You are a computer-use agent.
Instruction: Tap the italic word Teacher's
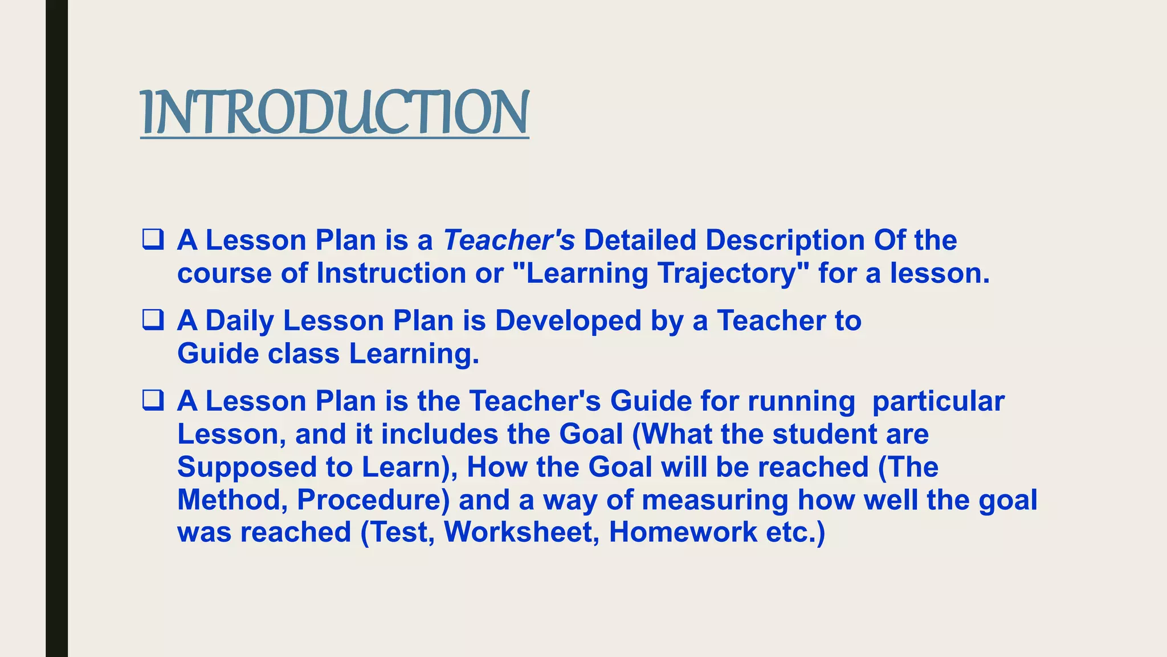click(509, 240)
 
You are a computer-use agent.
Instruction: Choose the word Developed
click(568, 321)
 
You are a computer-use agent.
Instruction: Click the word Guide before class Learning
click(218, 354)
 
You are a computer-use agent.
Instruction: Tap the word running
click(801, 401)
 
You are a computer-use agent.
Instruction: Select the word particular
click(938, 401)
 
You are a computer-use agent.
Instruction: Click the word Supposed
click(247, 467)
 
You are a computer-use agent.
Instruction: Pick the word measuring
click(715, 500)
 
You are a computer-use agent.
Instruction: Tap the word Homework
click(683, 532)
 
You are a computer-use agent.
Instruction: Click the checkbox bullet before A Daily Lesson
click(153, 320)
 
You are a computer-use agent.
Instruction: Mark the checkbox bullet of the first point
click(153, 240)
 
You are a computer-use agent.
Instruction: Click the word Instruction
click(391, 273)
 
